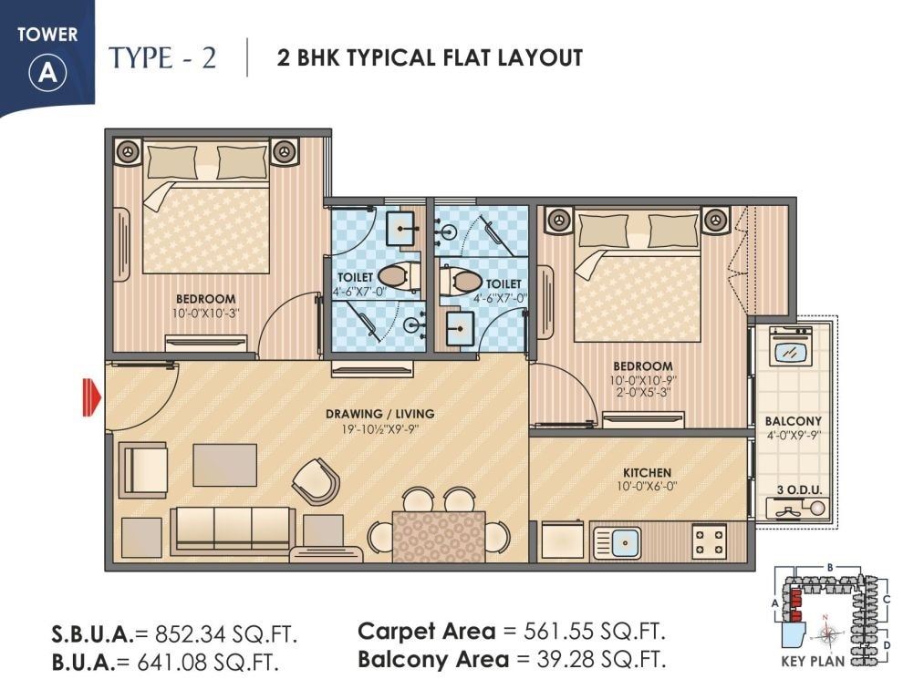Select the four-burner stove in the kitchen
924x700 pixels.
click(709, 541)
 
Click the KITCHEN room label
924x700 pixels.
click(647, 473)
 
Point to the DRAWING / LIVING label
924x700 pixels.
click(379, 414)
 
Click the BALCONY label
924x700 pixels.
click(793, 421)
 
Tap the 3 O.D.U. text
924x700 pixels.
click(799, 489)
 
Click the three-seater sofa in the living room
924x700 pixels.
click(232, 528)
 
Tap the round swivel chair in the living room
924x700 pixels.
click(316, 480)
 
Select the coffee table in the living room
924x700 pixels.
click(224, 465)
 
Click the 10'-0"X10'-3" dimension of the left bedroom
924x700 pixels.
click(204, 313)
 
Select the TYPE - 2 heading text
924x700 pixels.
click(163, 57)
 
